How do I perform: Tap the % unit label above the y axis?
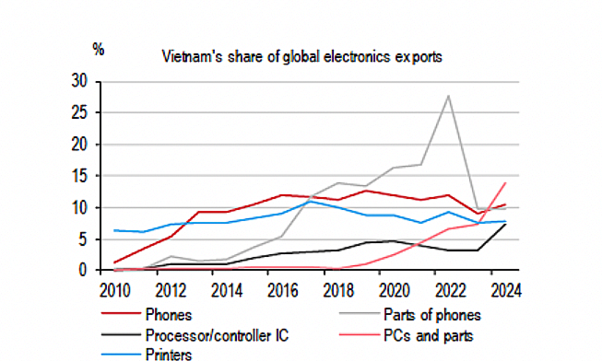pyautogui.click(x=99, y=49)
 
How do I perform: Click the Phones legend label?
pyautogui.click(x=169, y=315)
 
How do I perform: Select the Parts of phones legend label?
pyautogui.click(x=431, y=315)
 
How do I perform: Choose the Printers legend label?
pyautogui.click(x=169, y=355)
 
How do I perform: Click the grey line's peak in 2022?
pyautogui.click(x=448, y=95)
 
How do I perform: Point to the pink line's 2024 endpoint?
pyautogui.click(x=505, y=182)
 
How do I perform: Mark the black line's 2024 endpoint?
pyautogui.click(x=505, y=224)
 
